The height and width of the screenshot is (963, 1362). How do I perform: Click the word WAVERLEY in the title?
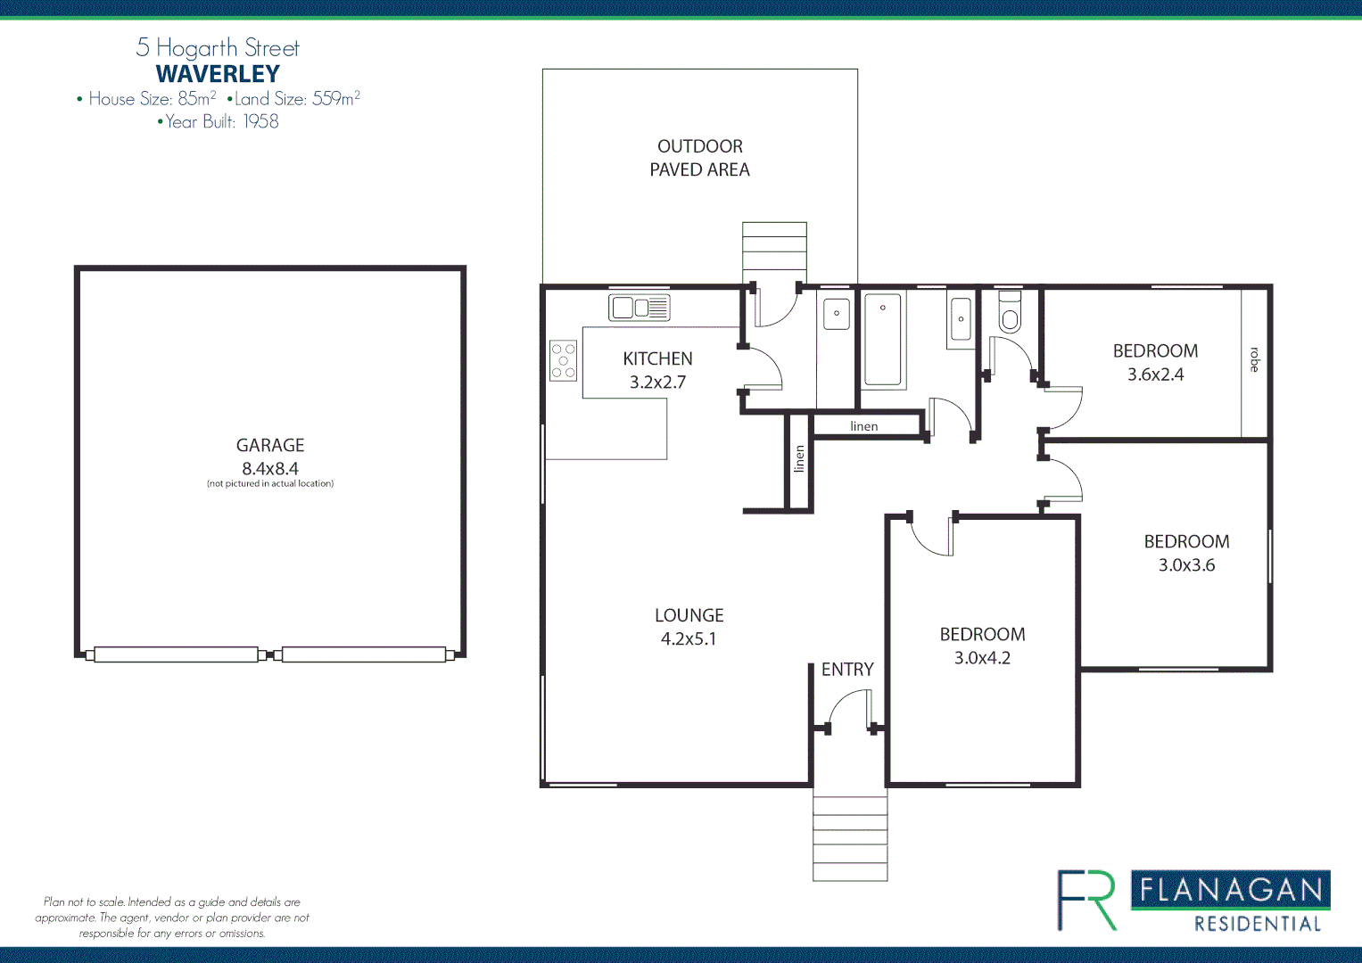pos(218,74)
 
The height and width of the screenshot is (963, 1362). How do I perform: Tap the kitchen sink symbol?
pos(639,308)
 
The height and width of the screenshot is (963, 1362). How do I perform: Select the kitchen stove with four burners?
pos(563,360)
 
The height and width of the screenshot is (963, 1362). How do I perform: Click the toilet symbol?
pos(1009,313)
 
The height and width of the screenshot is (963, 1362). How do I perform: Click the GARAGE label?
pos(270,445)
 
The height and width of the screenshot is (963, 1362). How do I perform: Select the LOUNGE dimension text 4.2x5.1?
pos(689,638)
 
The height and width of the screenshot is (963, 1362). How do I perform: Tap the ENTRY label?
pos(847,670)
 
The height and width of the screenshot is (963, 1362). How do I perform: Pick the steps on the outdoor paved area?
pos(774,252)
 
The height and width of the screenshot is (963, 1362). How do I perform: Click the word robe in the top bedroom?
pos(1254,359)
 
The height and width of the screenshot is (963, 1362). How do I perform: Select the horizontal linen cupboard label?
pos(863,426)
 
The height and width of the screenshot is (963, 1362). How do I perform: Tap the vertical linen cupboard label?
pos(799,458)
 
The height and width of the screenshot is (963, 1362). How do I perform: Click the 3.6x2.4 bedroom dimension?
pos(1155,374)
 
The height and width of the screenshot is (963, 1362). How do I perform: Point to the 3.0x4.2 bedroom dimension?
pos(982,658)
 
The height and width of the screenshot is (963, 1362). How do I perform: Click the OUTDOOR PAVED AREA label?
pos(699,158)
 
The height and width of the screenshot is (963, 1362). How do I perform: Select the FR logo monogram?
pos(1086,900)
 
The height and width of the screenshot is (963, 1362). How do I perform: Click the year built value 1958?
pos(260,121)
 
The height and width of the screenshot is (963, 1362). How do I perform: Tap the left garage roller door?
pos(176,654)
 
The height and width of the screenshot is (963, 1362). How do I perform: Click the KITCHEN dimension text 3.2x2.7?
pos(657,383)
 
